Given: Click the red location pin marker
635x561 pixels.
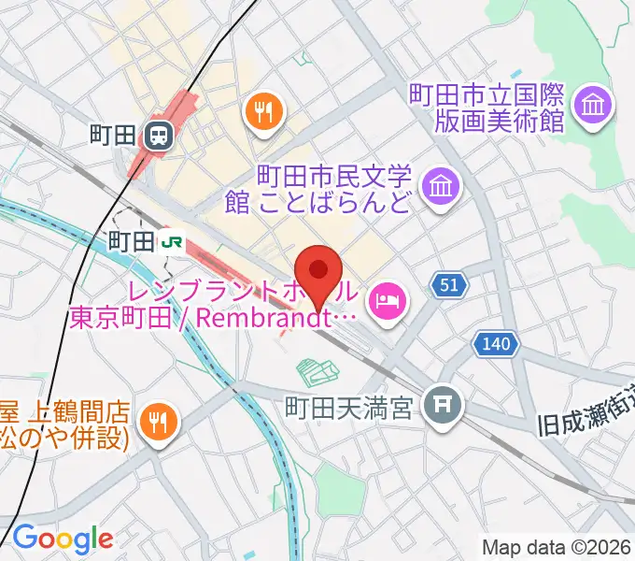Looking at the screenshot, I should point(318,271).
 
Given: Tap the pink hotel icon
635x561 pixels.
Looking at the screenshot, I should point(385,300).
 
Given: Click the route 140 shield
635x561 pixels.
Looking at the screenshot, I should point(496,345).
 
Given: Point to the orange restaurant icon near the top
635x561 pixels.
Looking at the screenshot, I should point(264,113).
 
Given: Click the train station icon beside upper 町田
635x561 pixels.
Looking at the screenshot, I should point(159,137).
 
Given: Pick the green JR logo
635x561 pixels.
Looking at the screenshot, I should point(172,242).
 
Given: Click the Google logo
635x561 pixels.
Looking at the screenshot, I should point(62,538).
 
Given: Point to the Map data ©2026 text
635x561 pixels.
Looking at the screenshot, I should point(557,546).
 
